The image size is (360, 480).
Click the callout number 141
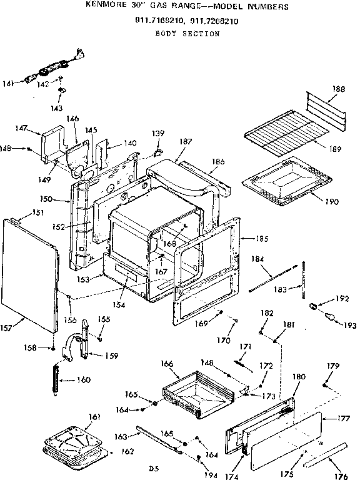[9, 81]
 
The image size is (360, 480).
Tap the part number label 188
[338, 89]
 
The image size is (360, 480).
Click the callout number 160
[84, 380]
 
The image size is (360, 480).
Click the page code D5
[151, 467]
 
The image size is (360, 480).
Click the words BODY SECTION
[178, 34]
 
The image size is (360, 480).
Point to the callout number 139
[159, 134]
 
